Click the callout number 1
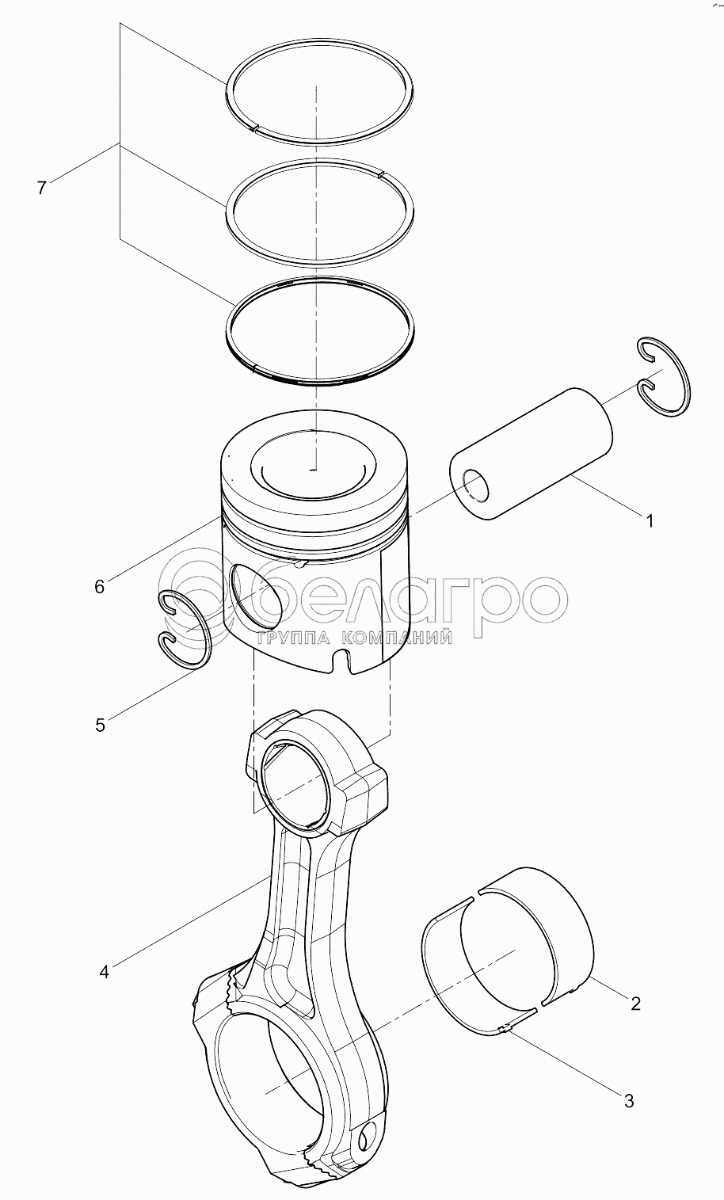click(x=650, y=520)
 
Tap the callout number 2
click(x=635, y=1002)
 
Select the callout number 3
click(x=629, y=1101)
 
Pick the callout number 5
click(x=101, y=726)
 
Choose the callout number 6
click(x=100, y=587)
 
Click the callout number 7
click(x=42, y=188)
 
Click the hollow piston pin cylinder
click(x=532, y=453)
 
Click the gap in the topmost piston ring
click(x=256, y=127)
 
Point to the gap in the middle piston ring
click(x=381, y=173)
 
